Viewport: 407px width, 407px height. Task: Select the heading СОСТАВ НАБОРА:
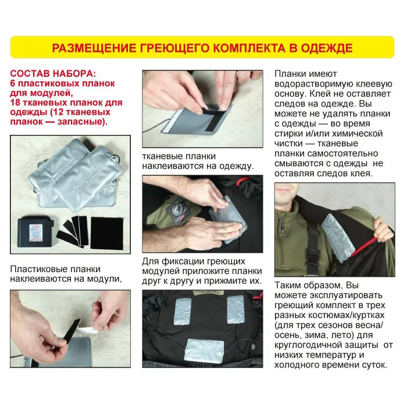(x=53, y=73)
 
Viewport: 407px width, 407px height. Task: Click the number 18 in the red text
(x=15, y=102)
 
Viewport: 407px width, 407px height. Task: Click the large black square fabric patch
(x=107, y=233)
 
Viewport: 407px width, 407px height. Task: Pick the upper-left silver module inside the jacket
(x=184, y=312)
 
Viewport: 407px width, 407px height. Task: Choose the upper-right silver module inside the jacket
(x=235, y=310)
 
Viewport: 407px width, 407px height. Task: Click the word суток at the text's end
(x=373, y=365)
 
